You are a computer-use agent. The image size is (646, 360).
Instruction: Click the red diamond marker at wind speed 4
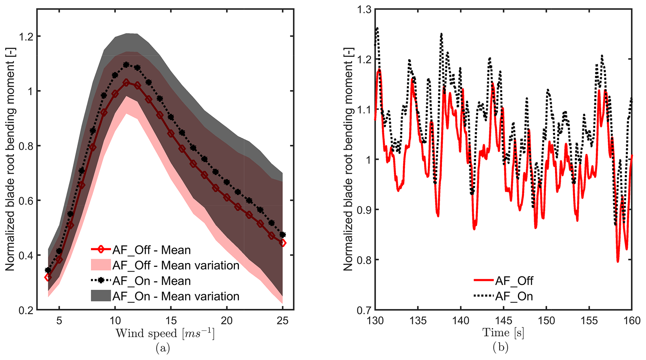click(x=48, y=277)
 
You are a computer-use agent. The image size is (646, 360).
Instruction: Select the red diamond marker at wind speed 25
click(x=283, y=243)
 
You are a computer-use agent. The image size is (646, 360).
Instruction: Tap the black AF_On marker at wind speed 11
click(x=126, y=65)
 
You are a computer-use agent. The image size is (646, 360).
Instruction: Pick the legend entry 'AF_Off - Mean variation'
click(x=165, y=265)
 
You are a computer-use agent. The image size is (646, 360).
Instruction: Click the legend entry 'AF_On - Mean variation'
click(x=165, y=296)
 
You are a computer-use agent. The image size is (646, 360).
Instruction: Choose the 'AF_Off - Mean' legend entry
click(x=141, y=250)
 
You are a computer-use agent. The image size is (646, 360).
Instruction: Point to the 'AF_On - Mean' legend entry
click(x=141, y=281)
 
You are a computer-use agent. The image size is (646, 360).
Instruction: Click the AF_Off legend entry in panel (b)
click(x=503, y=281)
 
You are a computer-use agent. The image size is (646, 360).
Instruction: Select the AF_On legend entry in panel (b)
click(x=503, y=296)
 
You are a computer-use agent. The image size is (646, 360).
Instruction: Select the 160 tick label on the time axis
click(x=632, y=321)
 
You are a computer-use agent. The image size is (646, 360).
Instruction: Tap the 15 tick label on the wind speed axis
click(x=171, y=321)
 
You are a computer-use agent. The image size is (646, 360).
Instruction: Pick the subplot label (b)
click(x=501, y=347)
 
